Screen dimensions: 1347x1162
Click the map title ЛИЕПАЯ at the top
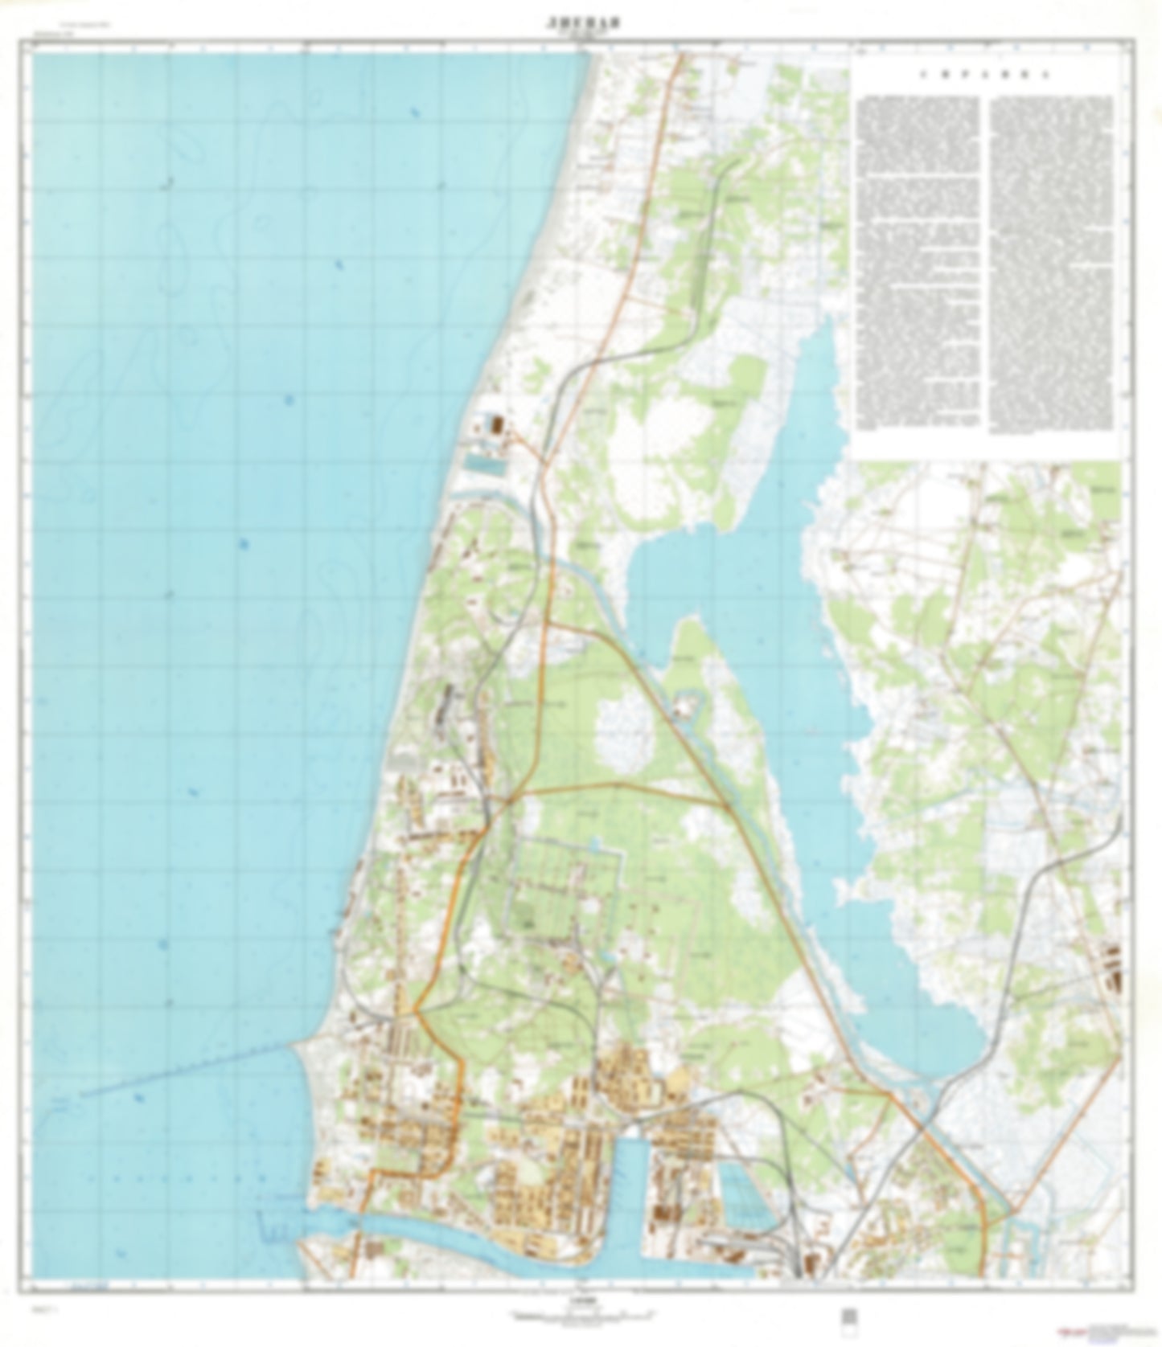(x=580, y=23)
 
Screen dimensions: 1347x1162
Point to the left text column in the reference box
(x=918, y=261)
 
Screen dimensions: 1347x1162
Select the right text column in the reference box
(x=1052, y=261)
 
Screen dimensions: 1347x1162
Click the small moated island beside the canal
(x=685, y=706)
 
